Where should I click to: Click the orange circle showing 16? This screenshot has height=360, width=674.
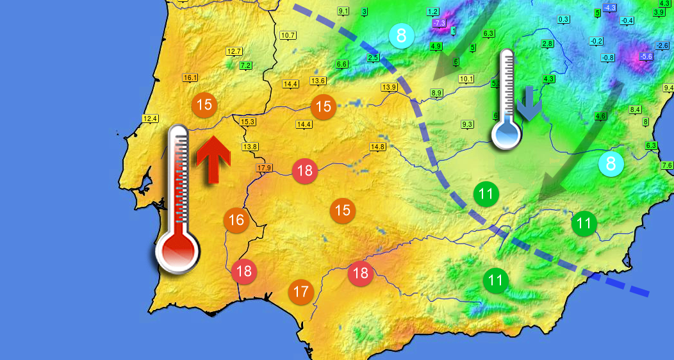point(236,220)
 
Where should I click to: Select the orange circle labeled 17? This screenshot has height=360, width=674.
point(300,292)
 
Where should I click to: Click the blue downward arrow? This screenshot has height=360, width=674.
point(529,104)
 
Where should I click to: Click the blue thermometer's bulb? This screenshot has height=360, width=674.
point(507,135)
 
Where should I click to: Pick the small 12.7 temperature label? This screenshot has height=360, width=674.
point(234,51)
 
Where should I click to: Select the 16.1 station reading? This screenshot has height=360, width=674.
point(190,78)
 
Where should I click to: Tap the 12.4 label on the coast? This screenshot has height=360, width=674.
point(151,119)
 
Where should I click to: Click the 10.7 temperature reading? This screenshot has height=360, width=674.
point(288,35)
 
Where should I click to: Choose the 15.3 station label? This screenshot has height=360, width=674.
point(247,122)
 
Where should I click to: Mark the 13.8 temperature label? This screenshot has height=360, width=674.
point(250,147)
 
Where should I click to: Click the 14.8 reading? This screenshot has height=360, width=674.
point(378,147)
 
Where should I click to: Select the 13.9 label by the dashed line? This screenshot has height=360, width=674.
point(389,87)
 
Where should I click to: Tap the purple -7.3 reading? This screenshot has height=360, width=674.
point(439,23)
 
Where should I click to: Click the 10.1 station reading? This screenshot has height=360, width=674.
point(466,79)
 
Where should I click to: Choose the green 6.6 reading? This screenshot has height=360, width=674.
point(341,64)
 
